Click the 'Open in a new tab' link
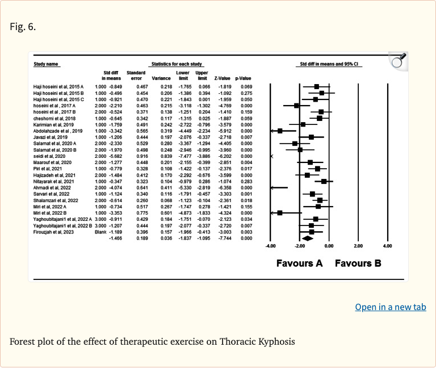pos(390,307)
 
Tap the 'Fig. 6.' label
pos(23,27)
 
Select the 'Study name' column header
pos(47,64)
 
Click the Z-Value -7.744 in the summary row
pos(225,238)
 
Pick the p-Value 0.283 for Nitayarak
pos(245,181)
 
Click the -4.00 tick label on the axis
pos(270,246)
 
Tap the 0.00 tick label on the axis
pos(329,246)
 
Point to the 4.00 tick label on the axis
pos(387,246)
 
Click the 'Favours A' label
pos(299,263)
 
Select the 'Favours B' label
pos(358,263)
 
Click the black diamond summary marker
pos(307,238)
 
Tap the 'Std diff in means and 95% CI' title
pos(329,64)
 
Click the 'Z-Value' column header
pos(225,78)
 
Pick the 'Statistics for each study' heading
pos(173,64)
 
